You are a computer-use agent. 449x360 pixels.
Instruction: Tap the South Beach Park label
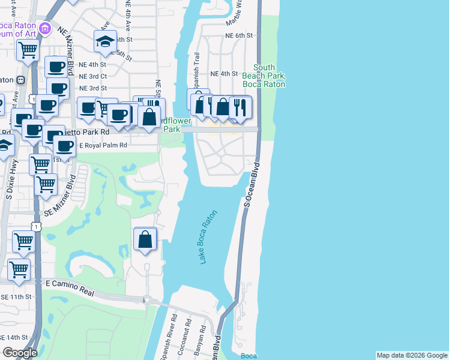264,76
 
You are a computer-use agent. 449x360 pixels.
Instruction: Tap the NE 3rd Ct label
93,76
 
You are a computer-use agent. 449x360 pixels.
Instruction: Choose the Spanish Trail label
196,67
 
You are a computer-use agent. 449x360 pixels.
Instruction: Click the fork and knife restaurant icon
240,107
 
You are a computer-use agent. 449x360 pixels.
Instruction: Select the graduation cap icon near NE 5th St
105,41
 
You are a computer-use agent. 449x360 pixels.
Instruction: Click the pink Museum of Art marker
44,28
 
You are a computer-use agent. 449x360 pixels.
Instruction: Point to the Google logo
20,353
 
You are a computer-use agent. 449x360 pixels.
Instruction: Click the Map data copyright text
411,355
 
